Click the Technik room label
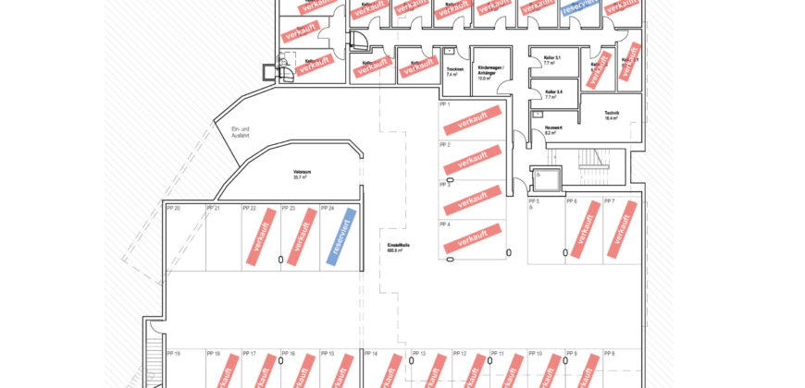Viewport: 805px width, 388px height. tap(611, 115)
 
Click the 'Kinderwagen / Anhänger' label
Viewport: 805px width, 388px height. tap(488, 73)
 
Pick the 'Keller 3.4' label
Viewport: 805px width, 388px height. tap(554, 93)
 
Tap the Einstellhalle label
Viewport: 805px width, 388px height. tap(398, 248)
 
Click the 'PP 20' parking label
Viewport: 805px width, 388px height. tap(173, 209)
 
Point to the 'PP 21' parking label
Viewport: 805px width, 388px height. tap(213, 209)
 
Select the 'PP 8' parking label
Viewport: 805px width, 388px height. tap(608, 354)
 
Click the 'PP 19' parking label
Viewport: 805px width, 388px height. tap(173, 354)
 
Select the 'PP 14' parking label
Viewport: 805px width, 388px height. tap(371, 354)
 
